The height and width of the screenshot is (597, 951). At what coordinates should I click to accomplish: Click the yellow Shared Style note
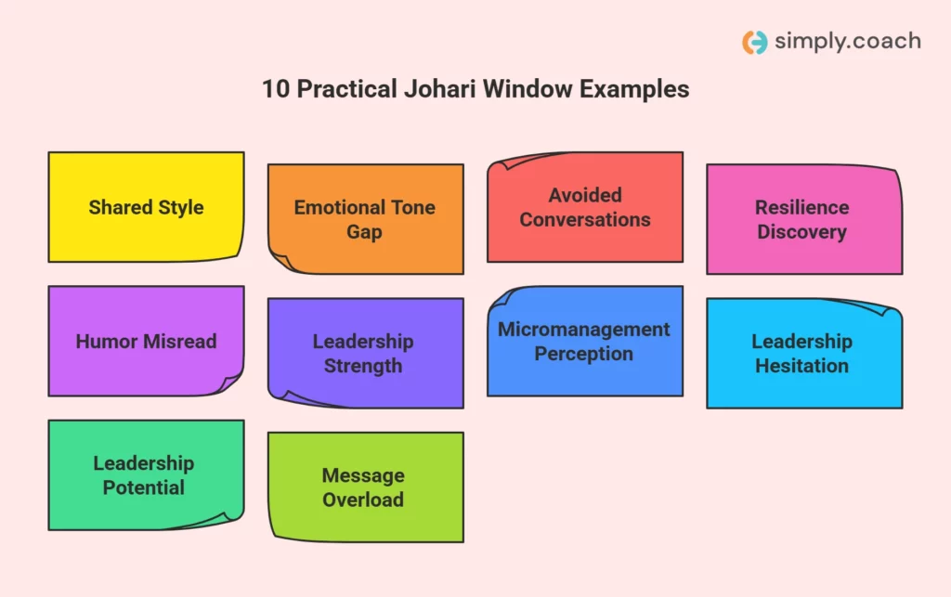point(146,207)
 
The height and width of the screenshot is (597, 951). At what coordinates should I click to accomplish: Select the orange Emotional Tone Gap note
point(365,219)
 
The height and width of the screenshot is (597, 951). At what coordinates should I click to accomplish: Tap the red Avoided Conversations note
point(585,207)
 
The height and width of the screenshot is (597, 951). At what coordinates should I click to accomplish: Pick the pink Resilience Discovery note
point(803,219)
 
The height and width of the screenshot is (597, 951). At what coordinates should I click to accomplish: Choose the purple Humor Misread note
point(146,341)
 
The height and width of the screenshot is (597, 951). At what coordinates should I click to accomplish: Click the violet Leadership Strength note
point(365,353)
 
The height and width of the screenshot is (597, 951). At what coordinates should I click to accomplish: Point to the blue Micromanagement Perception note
point(585,341)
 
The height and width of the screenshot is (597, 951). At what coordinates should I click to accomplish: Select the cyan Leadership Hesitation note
point(803,353)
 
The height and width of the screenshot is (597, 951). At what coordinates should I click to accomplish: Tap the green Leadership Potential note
point(146,474)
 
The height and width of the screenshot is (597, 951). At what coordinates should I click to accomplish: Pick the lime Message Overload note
point(365,487)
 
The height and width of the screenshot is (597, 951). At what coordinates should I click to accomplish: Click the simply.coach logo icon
point(754,42)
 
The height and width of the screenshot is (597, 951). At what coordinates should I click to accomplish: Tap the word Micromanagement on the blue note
point(583,330)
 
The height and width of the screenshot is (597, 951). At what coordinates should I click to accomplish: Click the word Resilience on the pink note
point(801,207)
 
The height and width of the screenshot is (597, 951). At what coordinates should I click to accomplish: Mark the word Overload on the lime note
point(363,500)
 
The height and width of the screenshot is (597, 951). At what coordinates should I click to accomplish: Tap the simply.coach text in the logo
point(846,41)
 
